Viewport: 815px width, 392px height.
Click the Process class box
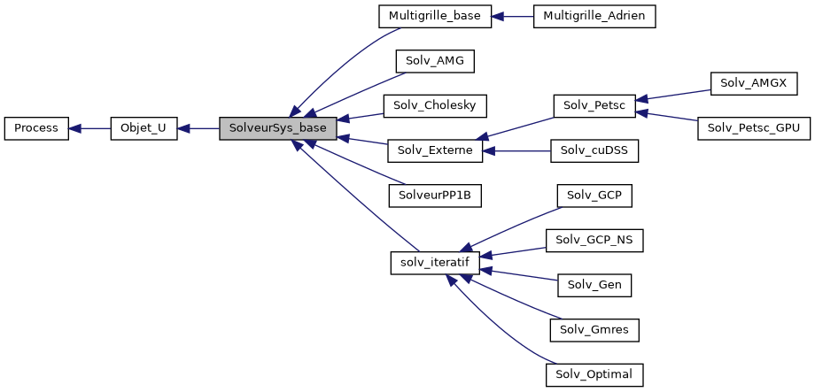pos(36,128)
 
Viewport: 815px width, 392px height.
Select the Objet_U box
pos(144,128)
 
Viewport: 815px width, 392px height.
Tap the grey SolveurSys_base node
pos(278,128)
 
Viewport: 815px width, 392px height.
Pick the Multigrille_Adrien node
pos(594,16)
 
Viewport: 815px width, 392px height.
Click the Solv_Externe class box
pos(435,150)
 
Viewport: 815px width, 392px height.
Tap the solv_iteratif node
pos(435,262)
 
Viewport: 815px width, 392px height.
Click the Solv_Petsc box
pos(594,105)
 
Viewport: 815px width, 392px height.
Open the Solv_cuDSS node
pos(594,150)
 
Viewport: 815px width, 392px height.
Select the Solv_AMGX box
pos(755,83)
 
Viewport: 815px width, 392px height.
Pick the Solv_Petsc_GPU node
pos(755,128)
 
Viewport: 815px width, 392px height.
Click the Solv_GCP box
pos(594,195)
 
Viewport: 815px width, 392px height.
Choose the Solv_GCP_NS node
pos(594,240)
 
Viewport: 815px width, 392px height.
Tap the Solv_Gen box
pos(594,284)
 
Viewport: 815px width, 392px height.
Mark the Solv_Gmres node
pos(594,329)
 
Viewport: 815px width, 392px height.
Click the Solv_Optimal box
pos(594,373)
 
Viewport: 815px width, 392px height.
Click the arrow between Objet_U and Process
pos(89,128)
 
